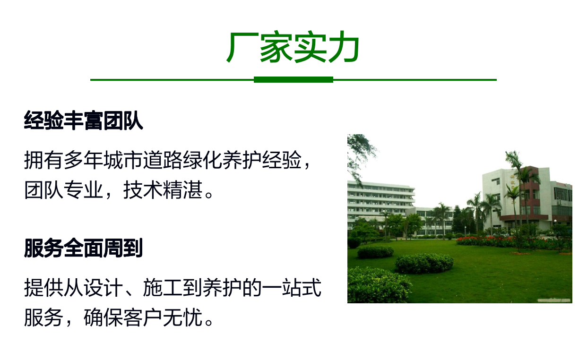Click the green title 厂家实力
pos(293,47)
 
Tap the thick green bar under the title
pos(293,80)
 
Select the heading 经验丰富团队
pos(83,120)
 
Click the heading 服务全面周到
pos(83,248)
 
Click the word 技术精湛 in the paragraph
pos(163,190)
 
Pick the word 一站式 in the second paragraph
pos(292,288)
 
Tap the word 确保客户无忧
pos(143,317)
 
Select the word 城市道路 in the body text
pos(143,160)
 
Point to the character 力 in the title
pos(343,47)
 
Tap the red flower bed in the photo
pos(511,243)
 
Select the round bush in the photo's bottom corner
pos(377,285)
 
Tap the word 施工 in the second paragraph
pos(163,288)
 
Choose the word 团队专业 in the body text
pos(63,190)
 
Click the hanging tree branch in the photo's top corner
pos(360,154)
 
